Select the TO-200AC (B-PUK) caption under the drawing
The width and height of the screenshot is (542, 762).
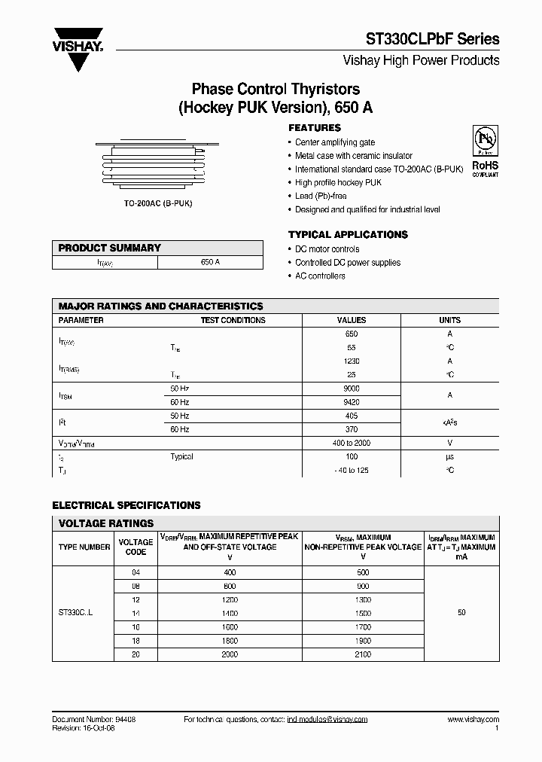pos(157,204)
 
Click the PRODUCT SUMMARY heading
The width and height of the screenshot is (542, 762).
pos(110,248)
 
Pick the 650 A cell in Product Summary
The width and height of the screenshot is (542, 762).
pos(210,262)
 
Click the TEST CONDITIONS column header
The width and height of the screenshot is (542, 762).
pos(233,320)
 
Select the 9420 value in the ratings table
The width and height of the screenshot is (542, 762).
pos(352,402)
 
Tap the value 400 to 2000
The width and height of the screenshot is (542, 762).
pos(352,443)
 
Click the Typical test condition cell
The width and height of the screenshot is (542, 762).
pos(182,456)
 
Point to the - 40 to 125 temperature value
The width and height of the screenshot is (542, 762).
pos(352,470)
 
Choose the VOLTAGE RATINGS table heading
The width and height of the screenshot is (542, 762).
pos(106,523)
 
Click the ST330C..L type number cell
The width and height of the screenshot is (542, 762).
pos(75,614)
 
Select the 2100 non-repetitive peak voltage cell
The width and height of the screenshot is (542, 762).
pos(363,655)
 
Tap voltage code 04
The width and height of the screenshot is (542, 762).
pos(135,572)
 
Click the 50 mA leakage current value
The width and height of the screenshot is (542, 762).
pos(461,613)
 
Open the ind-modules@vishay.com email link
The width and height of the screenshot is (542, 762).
pos(327,720)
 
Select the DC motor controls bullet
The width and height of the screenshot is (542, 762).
pos(327,249)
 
